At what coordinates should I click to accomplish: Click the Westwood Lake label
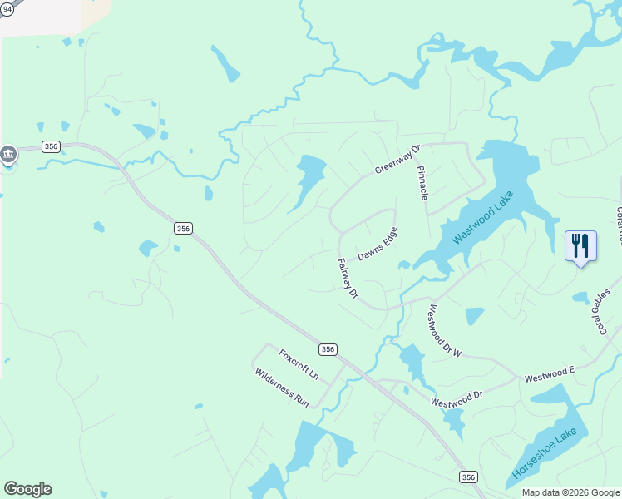[x=483, y=217]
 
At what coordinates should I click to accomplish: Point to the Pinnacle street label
[x=423, y=181]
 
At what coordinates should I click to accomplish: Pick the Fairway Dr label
[x=347, y=279]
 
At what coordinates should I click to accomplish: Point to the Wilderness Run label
[x=282, y=388]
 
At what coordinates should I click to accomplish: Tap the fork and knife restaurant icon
[x=580, y=245]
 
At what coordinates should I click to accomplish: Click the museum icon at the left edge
[x=8, y=154]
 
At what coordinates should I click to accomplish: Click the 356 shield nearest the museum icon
[x=52, y=146]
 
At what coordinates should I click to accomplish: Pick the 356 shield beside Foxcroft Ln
[x=328, y=349]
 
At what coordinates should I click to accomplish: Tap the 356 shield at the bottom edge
[x=469, y=477]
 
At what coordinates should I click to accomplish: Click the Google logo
[x=27, y=489]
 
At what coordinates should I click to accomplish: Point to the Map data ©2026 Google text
[x=570, y=492]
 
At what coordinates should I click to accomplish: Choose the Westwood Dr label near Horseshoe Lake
[x=457, y=398]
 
